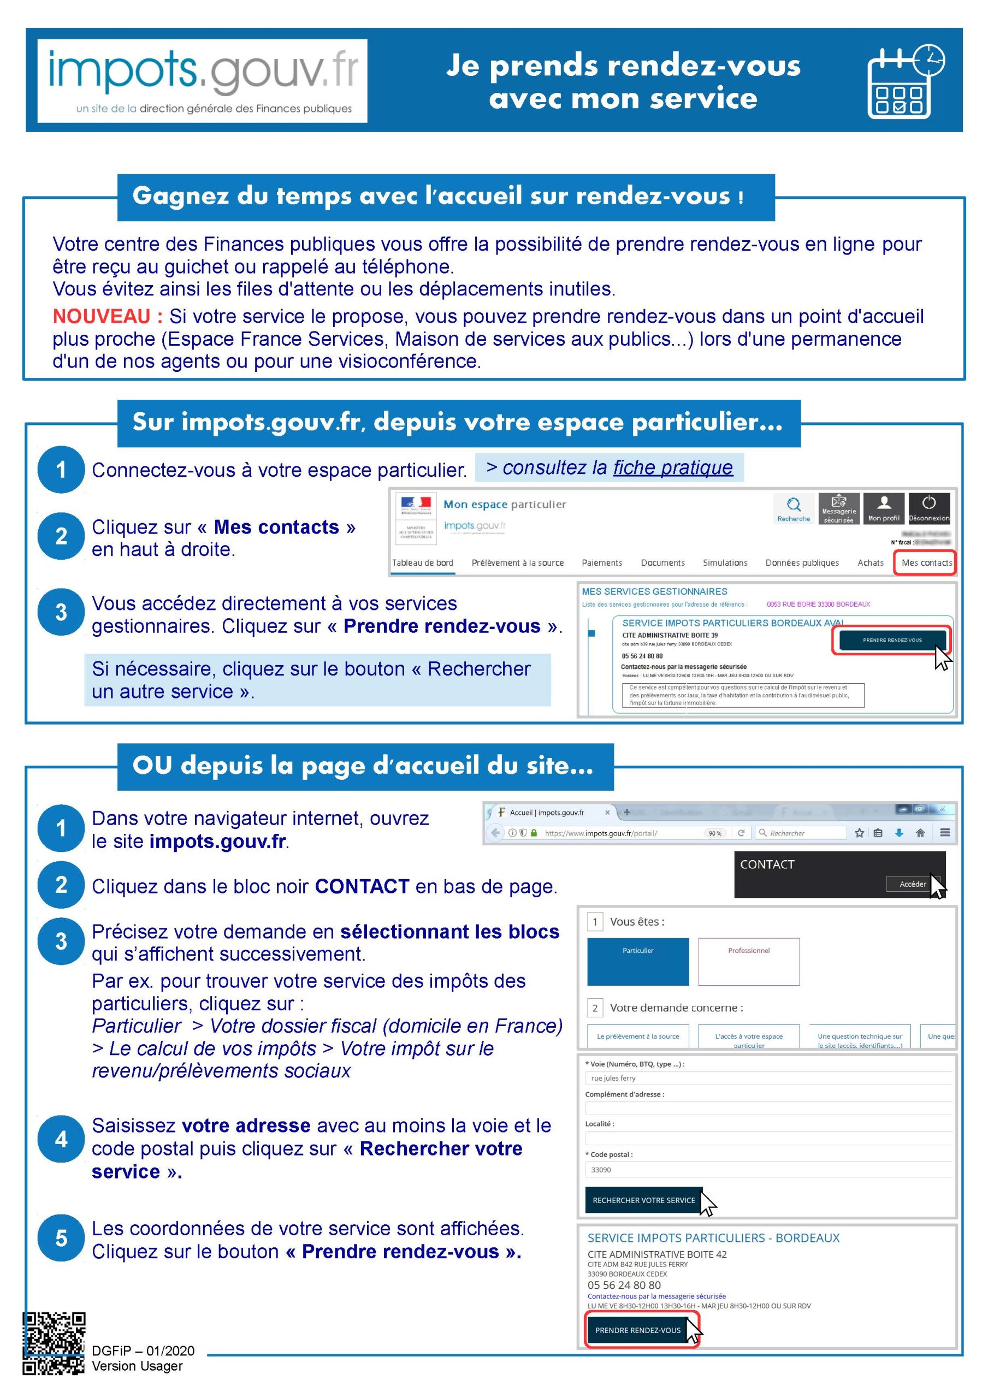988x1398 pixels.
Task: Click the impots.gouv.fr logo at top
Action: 202,81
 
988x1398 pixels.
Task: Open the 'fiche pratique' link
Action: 672,467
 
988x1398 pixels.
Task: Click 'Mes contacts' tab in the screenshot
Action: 926,562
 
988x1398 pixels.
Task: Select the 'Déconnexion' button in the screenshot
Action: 928,508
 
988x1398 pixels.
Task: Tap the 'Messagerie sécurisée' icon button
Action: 838,508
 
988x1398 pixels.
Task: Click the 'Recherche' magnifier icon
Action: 793,508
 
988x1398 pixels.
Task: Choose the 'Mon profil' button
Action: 883,508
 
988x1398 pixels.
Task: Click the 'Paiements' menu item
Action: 602,562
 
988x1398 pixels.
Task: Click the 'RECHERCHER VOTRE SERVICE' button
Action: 643,1200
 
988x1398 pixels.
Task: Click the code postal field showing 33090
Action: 767,1170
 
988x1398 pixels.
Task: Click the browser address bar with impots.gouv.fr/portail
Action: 622,833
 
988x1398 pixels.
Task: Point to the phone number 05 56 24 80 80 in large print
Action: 624,1285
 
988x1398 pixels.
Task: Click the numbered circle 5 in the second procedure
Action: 61,1238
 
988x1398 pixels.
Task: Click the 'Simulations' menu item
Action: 725,562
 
